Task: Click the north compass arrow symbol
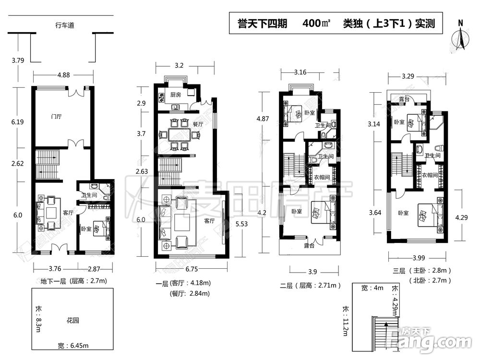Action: [460, 36]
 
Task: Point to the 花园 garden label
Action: [72, 320]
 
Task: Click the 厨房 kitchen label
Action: [176, 95]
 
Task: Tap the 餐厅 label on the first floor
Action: [197, 123]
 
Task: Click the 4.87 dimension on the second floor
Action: [261, 119]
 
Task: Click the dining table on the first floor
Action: [180, 135]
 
